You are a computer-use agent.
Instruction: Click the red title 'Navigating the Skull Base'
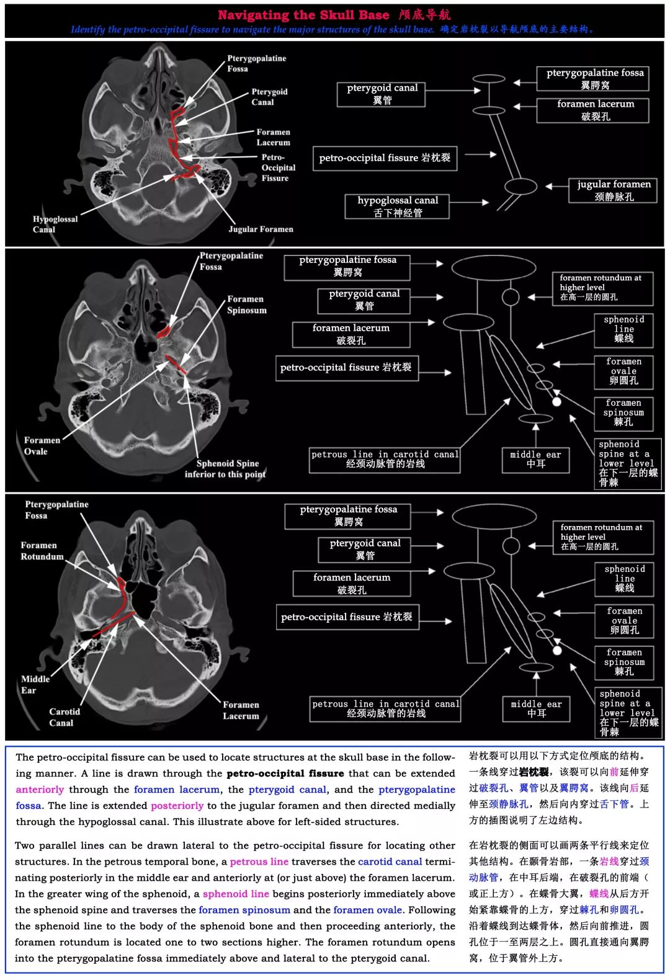point(303,15)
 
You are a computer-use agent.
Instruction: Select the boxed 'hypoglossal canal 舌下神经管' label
point(397,207)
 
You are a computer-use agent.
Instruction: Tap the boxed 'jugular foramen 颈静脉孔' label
point(613,190)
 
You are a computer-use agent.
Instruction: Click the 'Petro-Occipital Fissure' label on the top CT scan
point(279,167)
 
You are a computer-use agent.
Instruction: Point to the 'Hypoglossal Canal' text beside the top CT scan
point(55,224)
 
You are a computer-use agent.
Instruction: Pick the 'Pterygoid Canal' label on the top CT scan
point(269,97)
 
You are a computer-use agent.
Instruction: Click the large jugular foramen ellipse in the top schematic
point(520,186)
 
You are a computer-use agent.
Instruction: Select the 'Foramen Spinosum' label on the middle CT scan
point(246,305)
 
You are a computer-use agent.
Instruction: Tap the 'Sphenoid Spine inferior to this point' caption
point(225,468)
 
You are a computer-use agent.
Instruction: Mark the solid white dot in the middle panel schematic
point(556,402)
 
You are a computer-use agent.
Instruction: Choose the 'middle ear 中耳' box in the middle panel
point(535,460)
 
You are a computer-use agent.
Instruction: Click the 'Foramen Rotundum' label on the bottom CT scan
point(42,551)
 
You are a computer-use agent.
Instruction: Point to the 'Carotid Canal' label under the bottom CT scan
point(65,717)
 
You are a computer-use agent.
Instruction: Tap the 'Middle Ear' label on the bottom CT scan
point(35,684)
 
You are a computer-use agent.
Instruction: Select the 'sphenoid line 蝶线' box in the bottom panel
point(623,579)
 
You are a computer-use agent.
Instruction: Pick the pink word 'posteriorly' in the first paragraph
point(177,806)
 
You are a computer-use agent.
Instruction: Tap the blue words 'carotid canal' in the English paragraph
point(390,862)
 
